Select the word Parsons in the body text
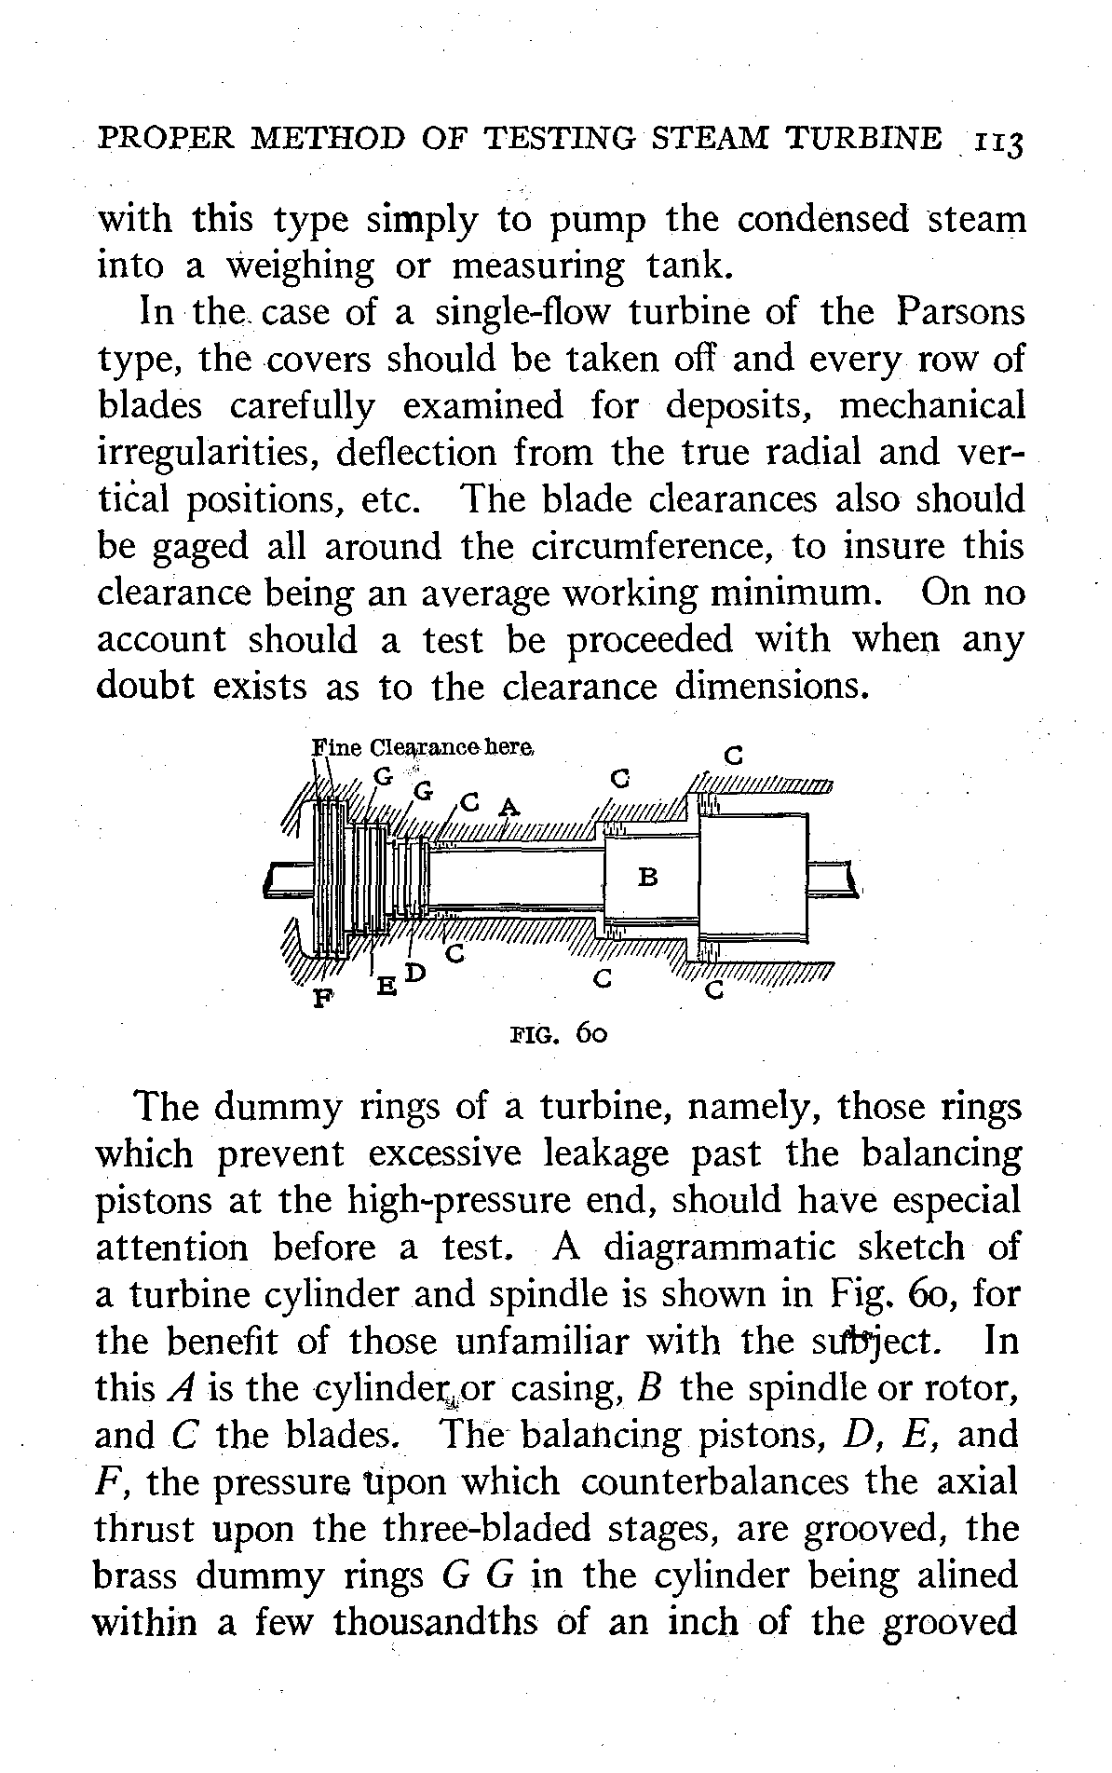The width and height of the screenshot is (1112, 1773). tap(960, 312)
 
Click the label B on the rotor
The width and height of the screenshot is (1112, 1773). tap(649, 877)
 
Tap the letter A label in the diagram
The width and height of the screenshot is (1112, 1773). tap(507, 804)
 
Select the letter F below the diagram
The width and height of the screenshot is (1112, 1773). tap(321, 1001)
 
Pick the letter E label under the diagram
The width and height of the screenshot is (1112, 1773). tap(384, 985)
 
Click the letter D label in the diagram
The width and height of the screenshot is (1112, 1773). tap(414, 972)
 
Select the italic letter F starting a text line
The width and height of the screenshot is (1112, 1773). tap(105, 1481)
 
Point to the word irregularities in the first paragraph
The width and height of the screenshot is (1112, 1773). tap(206, 453)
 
